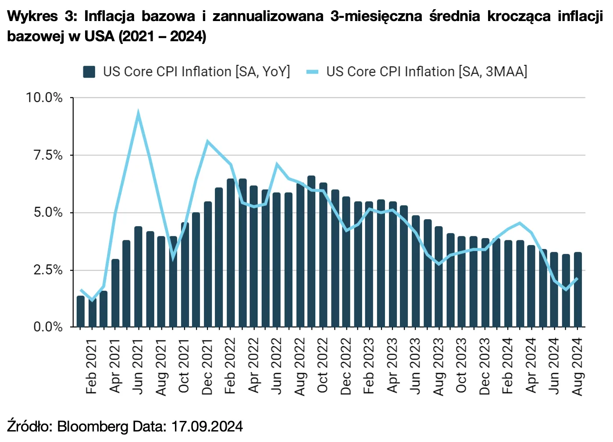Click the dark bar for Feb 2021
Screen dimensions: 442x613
[92, 314]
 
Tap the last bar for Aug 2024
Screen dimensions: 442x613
[578, 289]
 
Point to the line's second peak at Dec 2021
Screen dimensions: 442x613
[207, 142]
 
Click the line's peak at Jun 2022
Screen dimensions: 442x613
[277, 165]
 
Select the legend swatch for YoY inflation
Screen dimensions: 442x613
[89, 72]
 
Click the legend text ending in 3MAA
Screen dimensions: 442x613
[426, 71]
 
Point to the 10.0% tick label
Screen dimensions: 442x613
[44, 97]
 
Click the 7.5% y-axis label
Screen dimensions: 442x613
[48, 155]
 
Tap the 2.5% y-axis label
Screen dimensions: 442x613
[48, 270]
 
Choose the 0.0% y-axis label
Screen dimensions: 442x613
[48, 327]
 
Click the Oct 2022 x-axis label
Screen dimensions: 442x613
[323, 366]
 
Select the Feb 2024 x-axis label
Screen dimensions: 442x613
[507, 366]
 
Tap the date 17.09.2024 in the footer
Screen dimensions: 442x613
[207, 426]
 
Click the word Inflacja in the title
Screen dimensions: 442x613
[110, 16]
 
